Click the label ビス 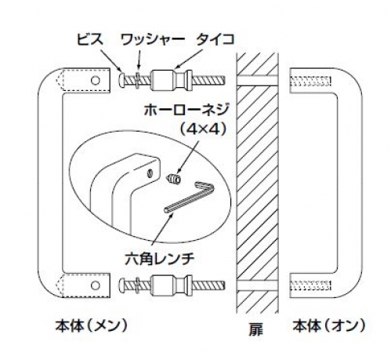coord(90,40)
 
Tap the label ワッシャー coord(152,40)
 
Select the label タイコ coord(215,40)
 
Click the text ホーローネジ coord(186,109)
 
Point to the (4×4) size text coord(203,129)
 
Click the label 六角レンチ coord(160,258)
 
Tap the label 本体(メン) coord(92,325)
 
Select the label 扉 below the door coord(255,329)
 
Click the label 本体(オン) coord(328,325)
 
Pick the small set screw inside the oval coord(173,179)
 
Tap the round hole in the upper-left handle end coord(96,80)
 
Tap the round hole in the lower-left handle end coord(96,285)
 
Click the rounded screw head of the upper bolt coord(122,80)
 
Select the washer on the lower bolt coord(138,285)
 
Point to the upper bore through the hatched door coord(257,80)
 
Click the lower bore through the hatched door coord(257,285)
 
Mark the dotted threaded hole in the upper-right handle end coord(311,80)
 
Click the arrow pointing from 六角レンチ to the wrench coord(162,233)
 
